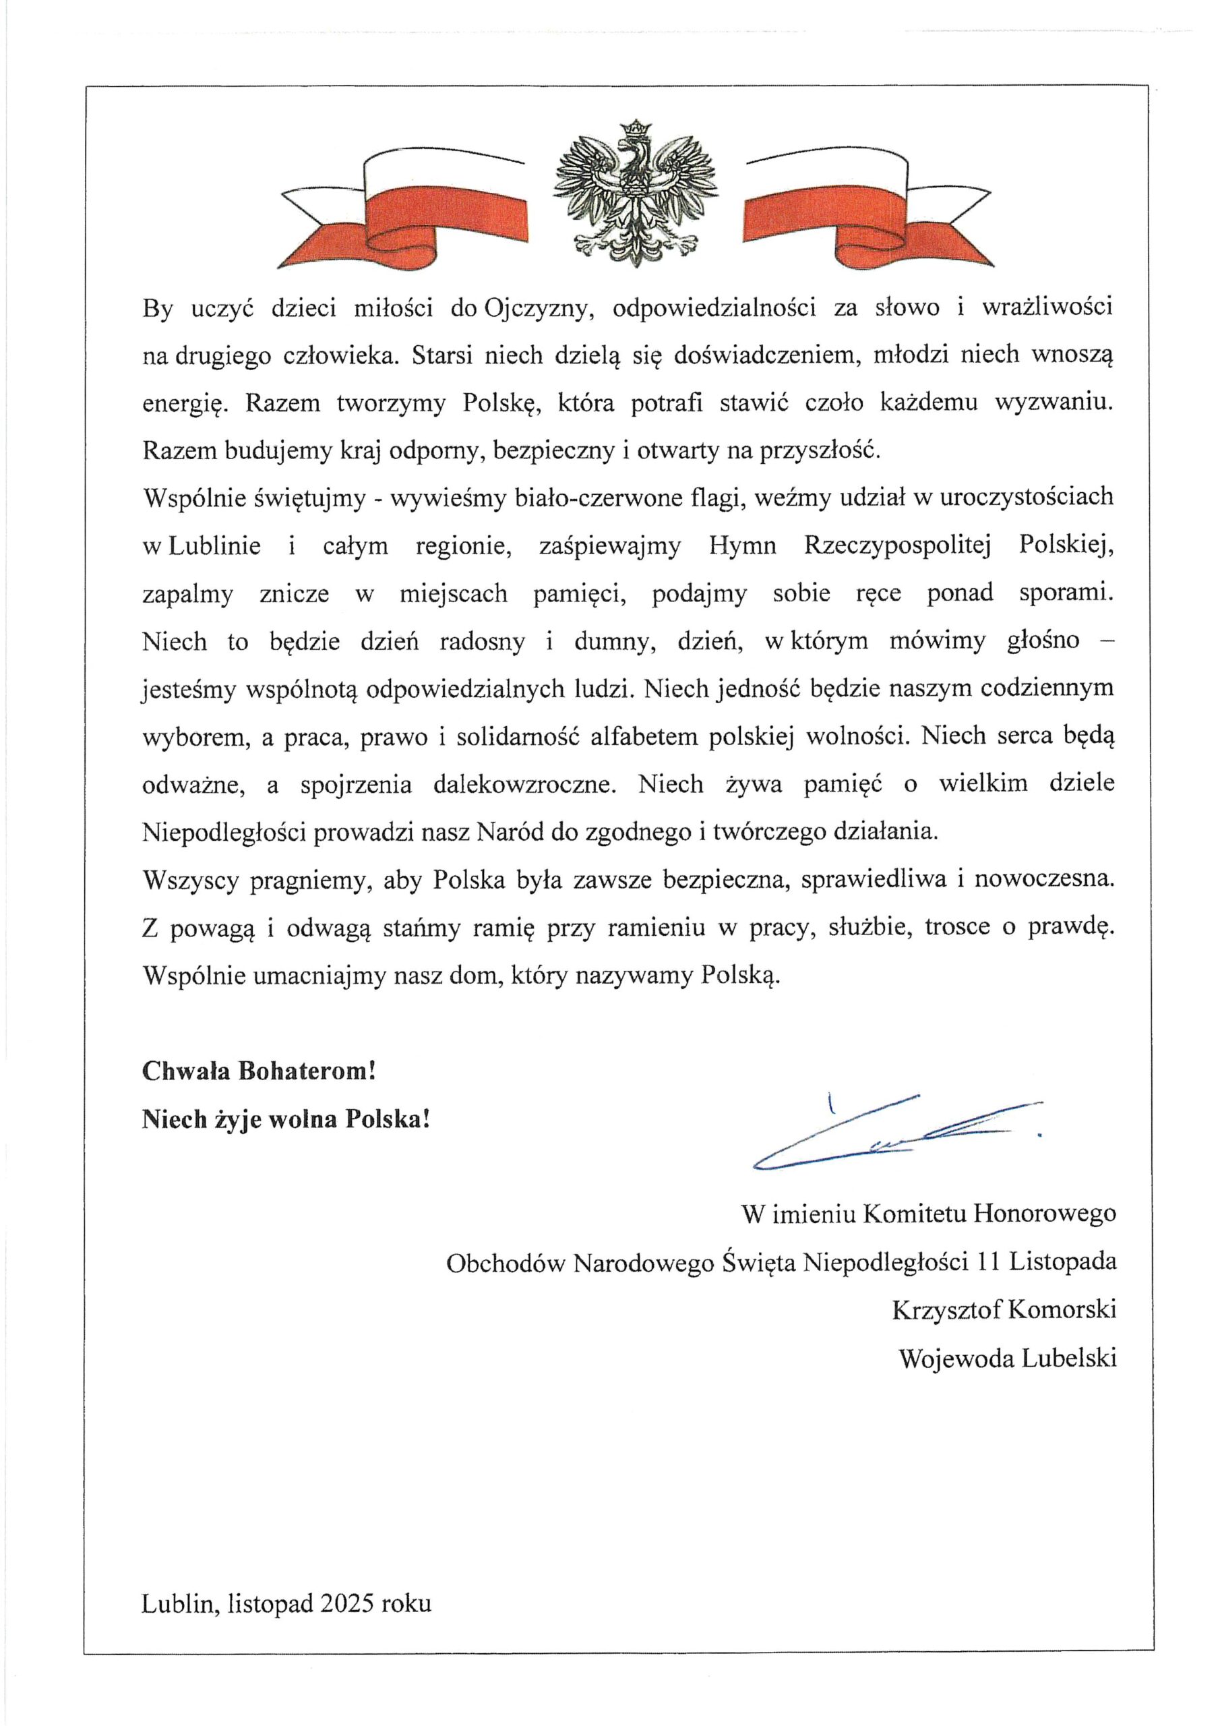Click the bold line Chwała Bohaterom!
(259, 1071)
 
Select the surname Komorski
(1062, 1309)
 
